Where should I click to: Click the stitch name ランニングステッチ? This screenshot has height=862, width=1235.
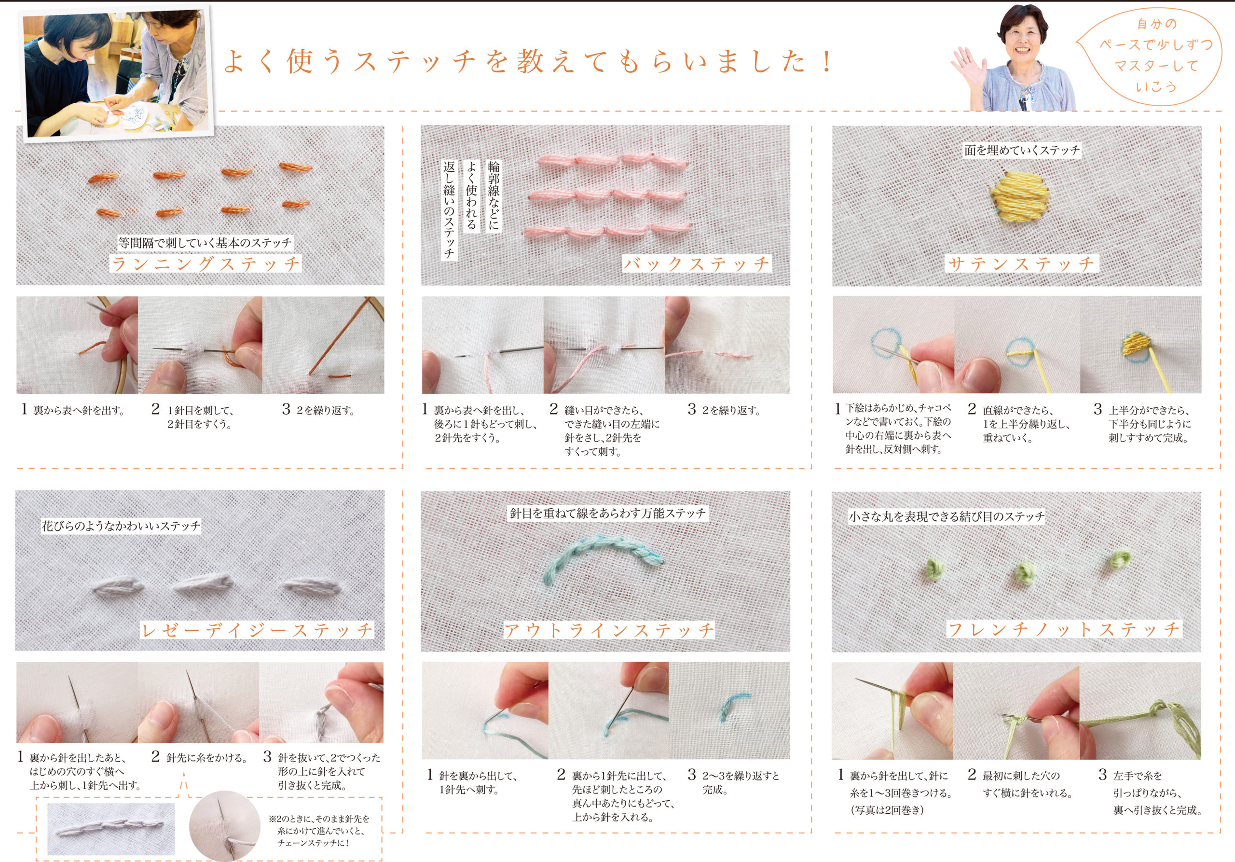[206, 264]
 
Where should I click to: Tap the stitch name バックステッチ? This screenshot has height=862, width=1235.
[697, 264]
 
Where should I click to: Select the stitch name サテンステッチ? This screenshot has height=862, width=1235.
[1021, 264]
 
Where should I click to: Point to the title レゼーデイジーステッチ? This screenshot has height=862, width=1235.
[257, 630]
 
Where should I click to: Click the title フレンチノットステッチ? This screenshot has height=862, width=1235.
[1064, 629]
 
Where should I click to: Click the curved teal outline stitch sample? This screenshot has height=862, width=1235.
[604, 566]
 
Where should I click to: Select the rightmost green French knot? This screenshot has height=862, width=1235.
[1120, 560]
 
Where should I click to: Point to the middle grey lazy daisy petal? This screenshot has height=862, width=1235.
[203, 584]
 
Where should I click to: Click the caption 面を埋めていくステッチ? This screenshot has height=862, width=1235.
[1021, 150]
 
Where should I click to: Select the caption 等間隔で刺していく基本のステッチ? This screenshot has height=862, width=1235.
[205, 243]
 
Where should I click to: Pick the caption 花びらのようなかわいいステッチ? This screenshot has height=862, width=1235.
[121, 526]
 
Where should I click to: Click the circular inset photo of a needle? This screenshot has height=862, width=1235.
[225, 826]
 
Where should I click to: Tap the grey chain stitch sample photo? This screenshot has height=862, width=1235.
[111, 829]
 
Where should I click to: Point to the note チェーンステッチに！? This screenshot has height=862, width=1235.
[313, 843]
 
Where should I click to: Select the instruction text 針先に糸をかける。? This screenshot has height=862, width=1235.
[206, 758]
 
